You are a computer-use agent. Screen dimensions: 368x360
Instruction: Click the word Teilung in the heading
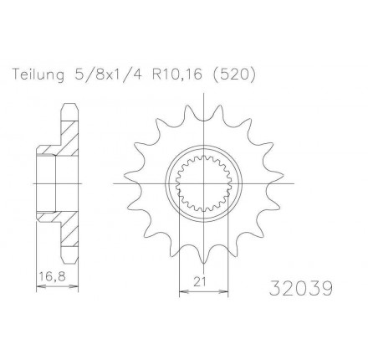(x=38, y=75)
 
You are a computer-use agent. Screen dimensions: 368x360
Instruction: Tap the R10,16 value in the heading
(x=176, y=75)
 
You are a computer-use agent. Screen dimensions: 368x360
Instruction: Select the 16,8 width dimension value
(x=53, y=277)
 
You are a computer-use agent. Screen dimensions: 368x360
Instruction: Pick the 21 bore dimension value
(x=200, y=282)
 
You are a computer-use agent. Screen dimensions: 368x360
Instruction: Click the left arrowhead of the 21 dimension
(x=181, y=291)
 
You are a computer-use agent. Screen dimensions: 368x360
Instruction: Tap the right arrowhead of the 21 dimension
(x=225, y=291)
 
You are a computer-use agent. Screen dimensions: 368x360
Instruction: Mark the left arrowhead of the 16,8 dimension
(x=40, y=286)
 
